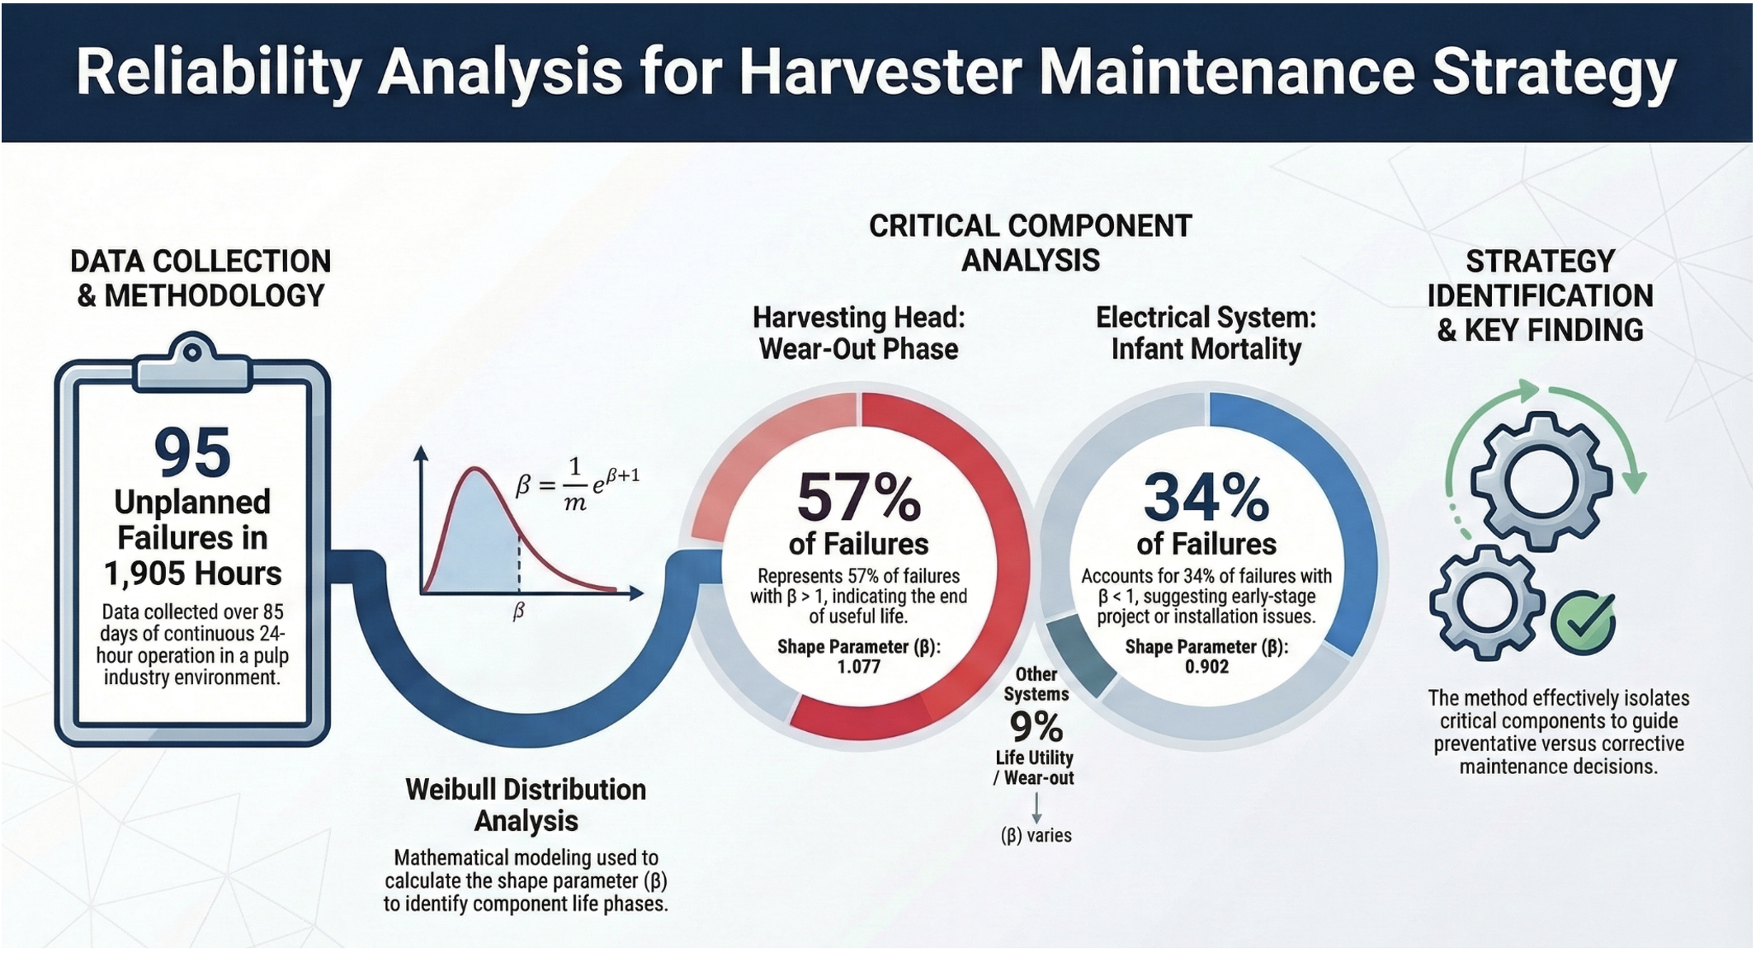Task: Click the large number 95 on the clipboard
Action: click(192, 452)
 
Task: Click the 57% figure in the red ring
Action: click(858, 498)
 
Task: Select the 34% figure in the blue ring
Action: click(1206, 498)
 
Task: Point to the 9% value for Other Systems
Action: click(1036, 727)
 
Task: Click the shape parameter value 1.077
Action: click(858, 667)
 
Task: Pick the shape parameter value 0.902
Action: click(1206, 667)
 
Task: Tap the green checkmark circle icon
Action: click(1583, 623)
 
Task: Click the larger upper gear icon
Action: click(1541, 481)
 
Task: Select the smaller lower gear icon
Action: click(1486, 602)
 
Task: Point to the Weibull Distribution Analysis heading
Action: click(526, 805)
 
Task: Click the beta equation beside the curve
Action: click(577, 484)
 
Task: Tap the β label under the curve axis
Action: click(518, 611)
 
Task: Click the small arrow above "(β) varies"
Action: click(1036, 809)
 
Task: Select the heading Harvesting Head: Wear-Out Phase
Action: click(858, 333)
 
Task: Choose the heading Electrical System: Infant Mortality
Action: click(1206, 333)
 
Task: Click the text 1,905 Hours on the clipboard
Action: click(192, 574)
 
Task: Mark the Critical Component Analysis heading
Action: click(1030, 243)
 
